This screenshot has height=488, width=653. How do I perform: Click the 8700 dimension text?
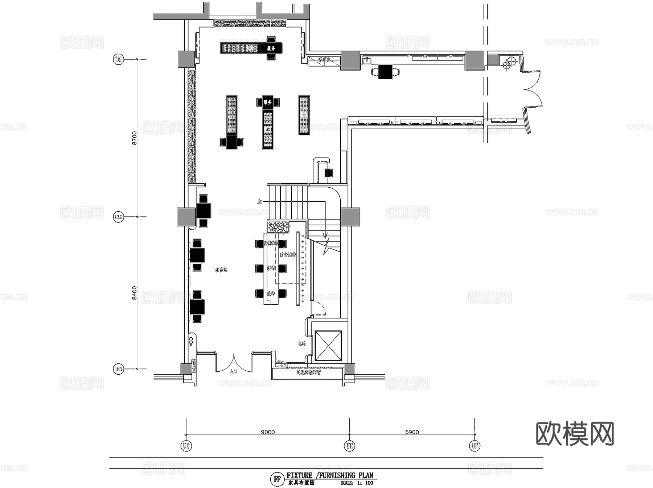135,138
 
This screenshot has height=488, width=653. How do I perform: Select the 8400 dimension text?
135,293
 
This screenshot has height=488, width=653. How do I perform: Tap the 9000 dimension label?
268,432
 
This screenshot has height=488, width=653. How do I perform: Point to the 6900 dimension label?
412,432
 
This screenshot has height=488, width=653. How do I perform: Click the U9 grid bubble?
118,59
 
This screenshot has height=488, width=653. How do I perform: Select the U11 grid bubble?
119,369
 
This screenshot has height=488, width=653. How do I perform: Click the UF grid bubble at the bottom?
475,446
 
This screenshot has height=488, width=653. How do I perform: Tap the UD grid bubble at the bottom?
186,446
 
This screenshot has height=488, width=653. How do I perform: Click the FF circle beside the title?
277,479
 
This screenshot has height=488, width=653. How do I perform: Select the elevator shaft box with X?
328,346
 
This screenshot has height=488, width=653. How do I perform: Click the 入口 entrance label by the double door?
233,371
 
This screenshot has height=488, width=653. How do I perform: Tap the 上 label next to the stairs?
259,201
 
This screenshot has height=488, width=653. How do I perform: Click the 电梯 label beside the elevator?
301,343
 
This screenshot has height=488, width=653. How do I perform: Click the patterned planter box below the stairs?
278,227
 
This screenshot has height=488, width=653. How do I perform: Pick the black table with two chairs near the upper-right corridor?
385,72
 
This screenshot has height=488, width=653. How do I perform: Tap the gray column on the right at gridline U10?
350,217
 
